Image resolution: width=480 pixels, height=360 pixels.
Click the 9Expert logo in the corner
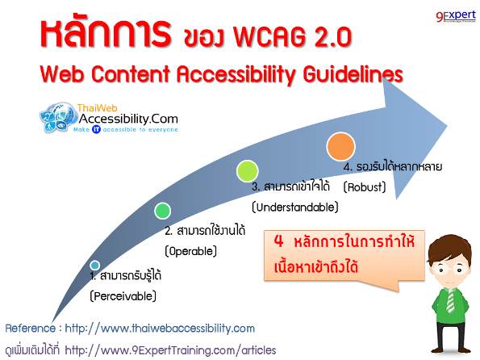coord(456,16)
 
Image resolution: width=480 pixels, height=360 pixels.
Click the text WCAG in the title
coord(269,36)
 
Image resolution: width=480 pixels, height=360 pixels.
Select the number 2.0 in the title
coord(333,36)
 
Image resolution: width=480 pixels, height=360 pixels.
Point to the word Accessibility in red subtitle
coord(236,75)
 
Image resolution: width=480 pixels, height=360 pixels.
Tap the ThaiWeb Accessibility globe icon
coord(58,117)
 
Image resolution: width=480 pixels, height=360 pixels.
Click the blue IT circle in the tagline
coord(96,129)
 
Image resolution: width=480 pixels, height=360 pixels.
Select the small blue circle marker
coord(95,265)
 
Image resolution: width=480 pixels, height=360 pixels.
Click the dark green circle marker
coord(162,211)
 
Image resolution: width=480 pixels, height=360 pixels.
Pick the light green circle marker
coord(248,170)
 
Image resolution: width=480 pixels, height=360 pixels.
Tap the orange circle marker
coord(340,146)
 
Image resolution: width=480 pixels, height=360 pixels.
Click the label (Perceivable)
coord(123,296)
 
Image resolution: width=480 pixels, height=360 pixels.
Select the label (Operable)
coord(190,251)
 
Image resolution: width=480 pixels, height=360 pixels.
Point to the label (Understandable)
coord(295,207)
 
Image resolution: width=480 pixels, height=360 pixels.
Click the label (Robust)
coord(365,187)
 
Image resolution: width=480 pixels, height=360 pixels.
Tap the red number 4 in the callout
coord(278,241)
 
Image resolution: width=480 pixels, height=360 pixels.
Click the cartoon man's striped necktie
coord(450,301)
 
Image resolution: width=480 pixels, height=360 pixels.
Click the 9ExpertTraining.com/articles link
coord(170,350)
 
